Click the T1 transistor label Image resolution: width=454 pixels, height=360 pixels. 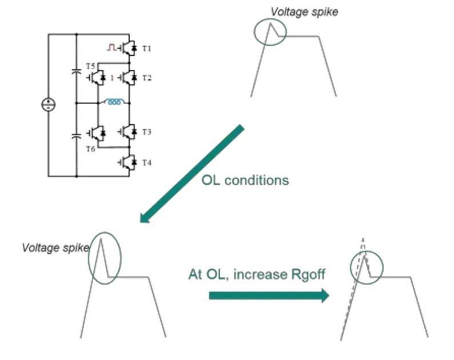point(147,49)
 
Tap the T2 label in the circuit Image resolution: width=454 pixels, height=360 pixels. point(147,77)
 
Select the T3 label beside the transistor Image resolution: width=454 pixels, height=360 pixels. point(147,133)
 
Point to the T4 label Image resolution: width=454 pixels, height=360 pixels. point(147,163)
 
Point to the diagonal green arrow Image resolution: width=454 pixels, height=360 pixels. point(192,174)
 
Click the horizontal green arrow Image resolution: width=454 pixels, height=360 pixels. point(269,295)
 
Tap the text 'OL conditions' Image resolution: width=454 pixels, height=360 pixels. point(245,181)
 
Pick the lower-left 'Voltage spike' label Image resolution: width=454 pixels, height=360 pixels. point(55,247)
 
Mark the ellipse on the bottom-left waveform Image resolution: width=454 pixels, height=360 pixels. point(105,258)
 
